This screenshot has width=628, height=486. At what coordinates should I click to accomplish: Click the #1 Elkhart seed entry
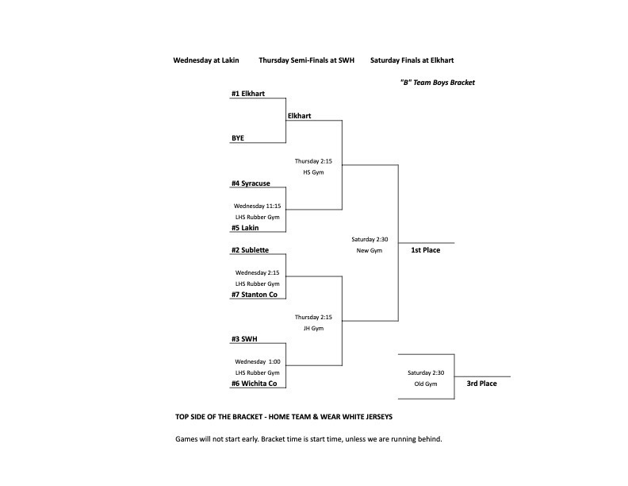(247, 94)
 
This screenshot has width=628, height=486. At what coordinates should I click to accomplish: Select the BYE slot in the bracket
(238, 138)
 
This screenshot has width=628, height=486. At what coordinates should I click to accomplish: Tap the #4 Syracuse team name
(251, 183)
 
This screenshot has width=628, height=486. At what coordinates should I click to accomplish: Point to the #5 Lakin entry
(246, 228)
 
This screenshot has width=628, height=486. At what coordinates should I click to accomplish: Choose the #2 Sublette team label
(250, 250)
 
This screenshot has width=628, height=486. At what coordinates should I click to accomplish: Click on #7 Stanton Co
(254, 295)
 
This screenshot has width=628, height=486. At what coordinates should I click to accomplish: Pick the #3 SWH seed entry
(244, 339)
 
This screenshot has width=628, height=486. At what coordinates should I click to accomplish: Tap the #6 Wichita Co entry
(254, 384)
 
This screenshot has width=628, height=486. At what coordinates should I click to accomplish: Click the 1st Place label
(425, 250)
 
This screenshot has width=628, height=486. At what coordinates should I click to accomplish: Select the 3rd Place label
(481, 384)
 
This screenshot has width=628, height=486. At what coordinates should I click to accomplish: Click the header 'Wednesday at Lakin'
(206, 60)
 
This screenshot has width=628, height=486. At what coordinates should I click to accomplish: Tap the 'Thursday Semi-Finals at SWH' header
(306, 60)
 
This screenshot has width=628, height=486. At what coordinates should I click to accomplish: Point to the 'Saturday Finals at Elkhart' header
(412, 60)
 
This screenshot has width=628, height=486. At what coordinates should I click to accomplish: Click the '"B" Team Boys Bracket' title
(437, 83)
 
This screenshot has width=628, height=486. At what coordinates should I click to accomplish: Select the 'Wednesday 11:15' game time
(258, 206)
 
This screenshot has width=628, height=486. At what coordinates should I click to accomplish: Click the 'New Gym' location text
(370, 250)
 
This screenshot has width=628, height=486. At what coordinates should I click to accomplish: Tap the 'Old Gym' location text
(426, 384)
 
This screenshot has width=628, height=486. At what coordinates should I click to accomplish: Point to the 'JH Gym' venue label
(313, 328)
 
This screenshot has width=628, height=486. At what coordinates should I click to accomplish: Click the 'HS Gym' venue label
(313, 172)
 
